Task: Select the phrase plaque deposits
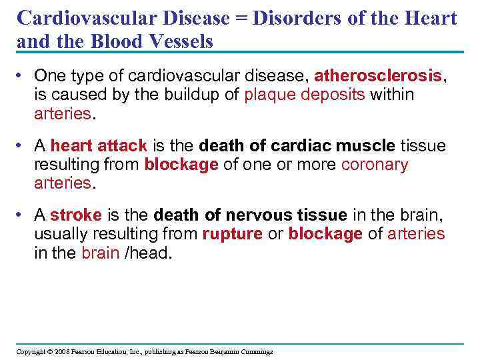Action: (x=305, y=95)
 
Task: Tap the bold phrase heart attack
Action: (x=99, y=145)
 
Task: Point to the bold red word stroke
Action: (x=75, y=215)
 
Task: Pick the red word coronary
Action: (x=374, y=165)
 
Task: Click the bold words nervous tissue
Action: (x=286, y=215)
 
